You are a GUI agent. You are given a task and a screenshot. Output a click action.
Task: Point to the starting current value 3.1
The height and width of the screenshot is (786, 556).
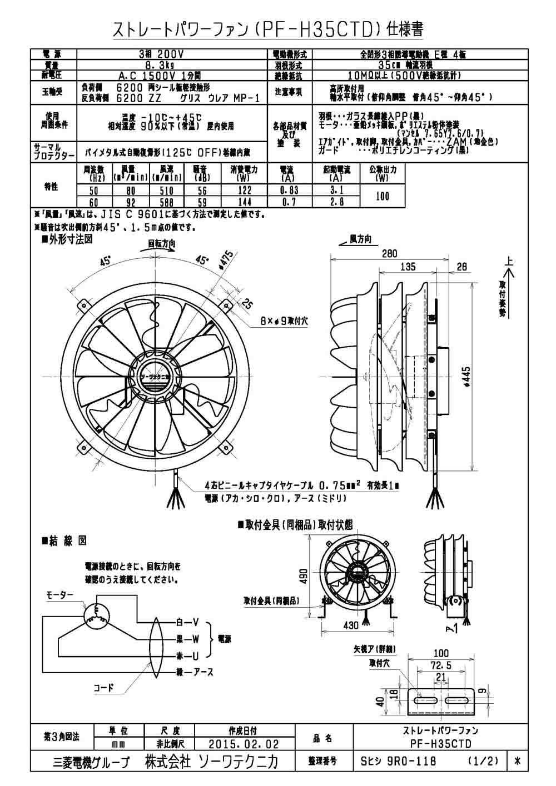click(x=335, y=191)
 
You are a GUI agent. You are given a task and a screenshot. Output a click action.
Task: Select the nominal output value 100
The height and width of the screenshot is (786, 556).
click(x=383, y=196)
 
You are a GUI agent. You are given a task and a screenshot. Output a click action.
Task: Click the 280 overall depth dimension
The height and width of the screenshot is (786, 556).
click(x=390, y=254)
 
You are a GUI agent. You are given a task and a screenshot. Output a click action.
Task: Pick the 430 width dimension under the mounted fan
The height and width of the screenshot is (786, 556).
click(x=350, y=625)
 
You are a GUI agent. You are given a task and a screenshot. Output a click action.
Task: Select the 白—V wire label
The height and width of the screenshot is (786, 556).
click(x=187, y=622)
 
